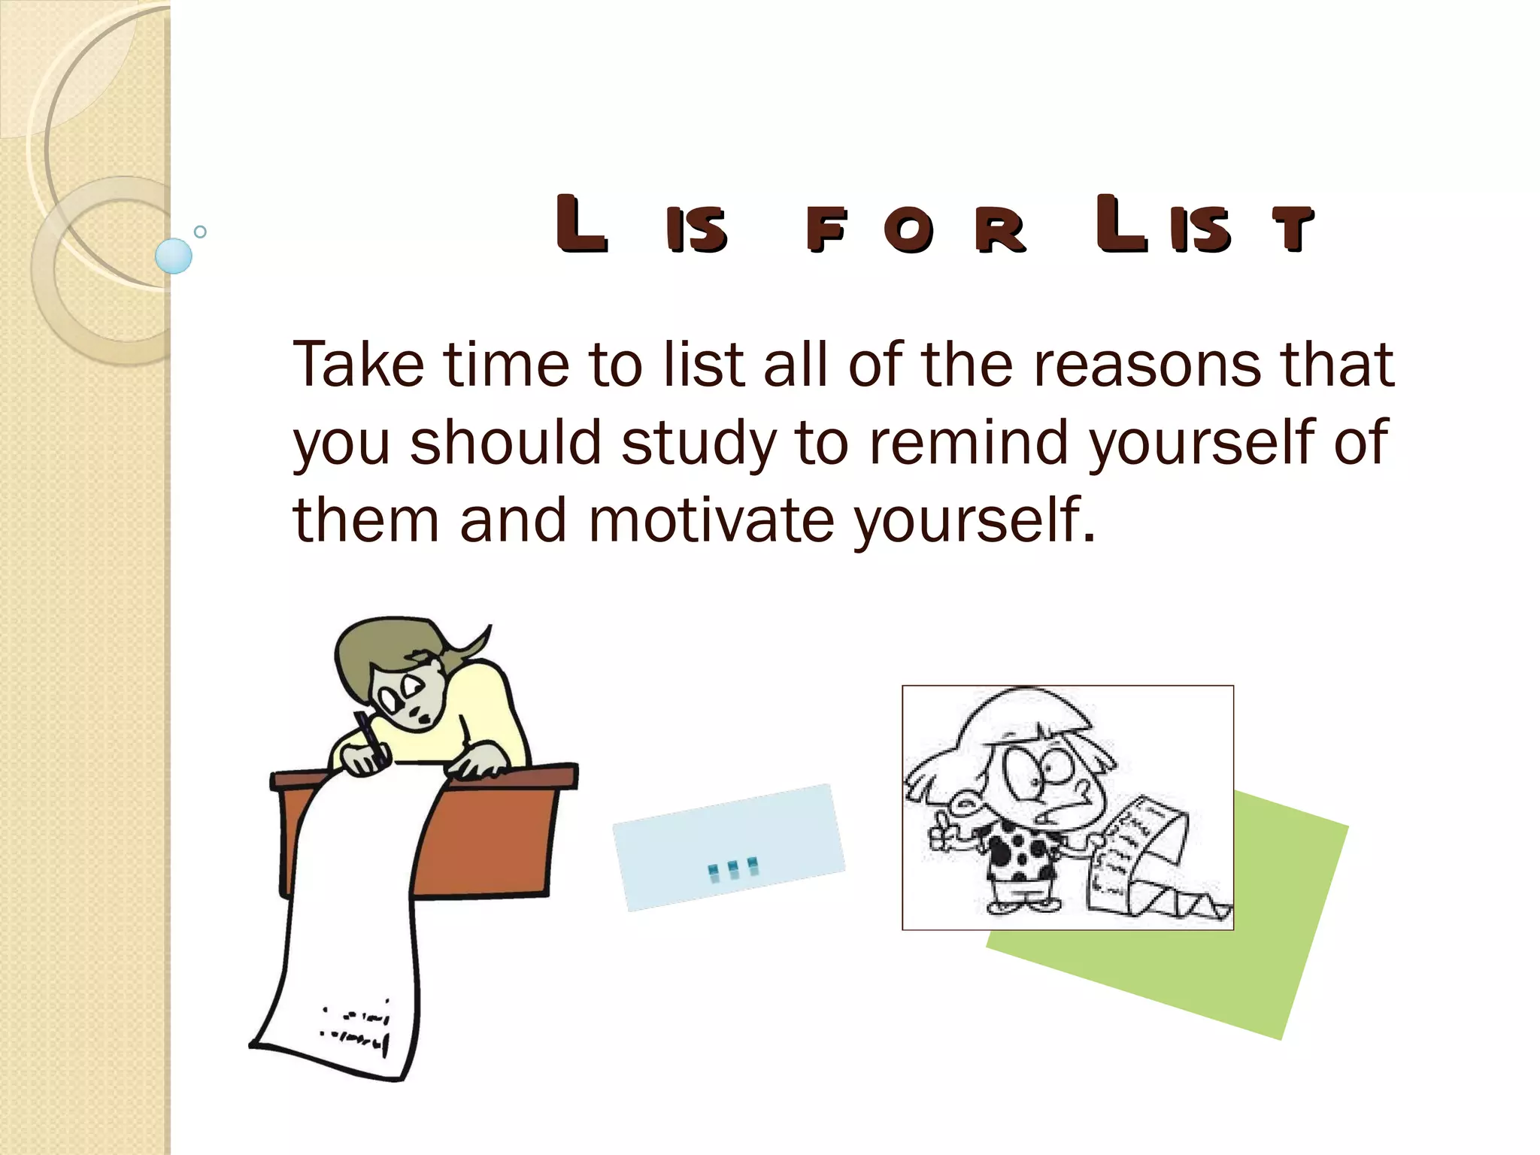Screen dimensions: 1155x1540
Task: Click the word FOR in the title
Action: point(915,229)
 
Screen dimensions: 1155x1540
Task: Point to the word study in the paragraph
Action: point(699,444)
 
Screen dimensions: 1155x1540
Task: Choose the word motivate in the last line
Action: point(711,520)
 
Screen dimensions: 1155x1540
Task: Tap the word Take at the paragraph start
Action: point(359,365)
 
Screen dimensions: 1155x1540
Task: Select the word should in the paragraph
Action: point(506,442)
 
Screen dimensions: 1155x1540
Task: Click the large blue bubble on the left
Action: point(174,256)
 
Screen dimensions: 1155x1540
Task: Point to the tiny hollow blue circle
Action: point(200,232)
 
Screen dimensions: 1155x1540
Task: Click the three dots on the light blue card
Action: point(733,869)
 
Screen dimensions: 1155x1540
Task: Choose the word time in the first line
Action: point(506,365)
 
